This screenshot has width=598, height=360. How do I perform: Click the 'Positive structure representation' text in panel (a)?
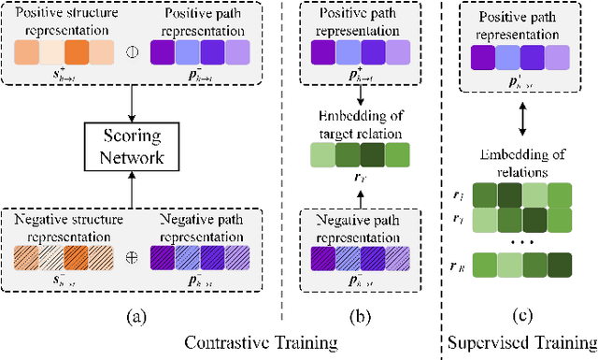70,23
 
